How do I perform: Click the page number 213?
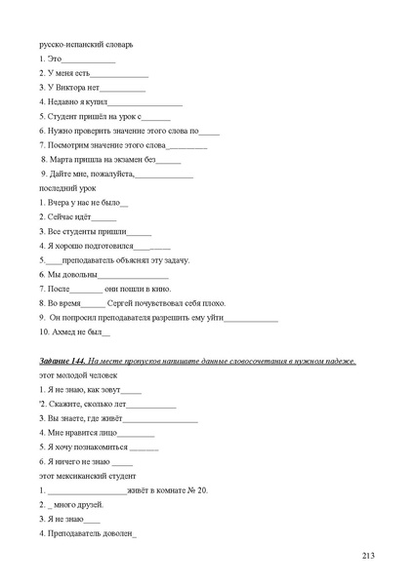368,556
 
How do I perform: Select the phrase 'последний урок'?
67,186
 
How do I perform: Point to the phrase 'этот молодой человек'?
77,374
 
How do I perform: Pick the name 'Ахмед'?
62,331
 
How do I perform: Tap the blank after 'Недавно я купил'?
145,101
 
